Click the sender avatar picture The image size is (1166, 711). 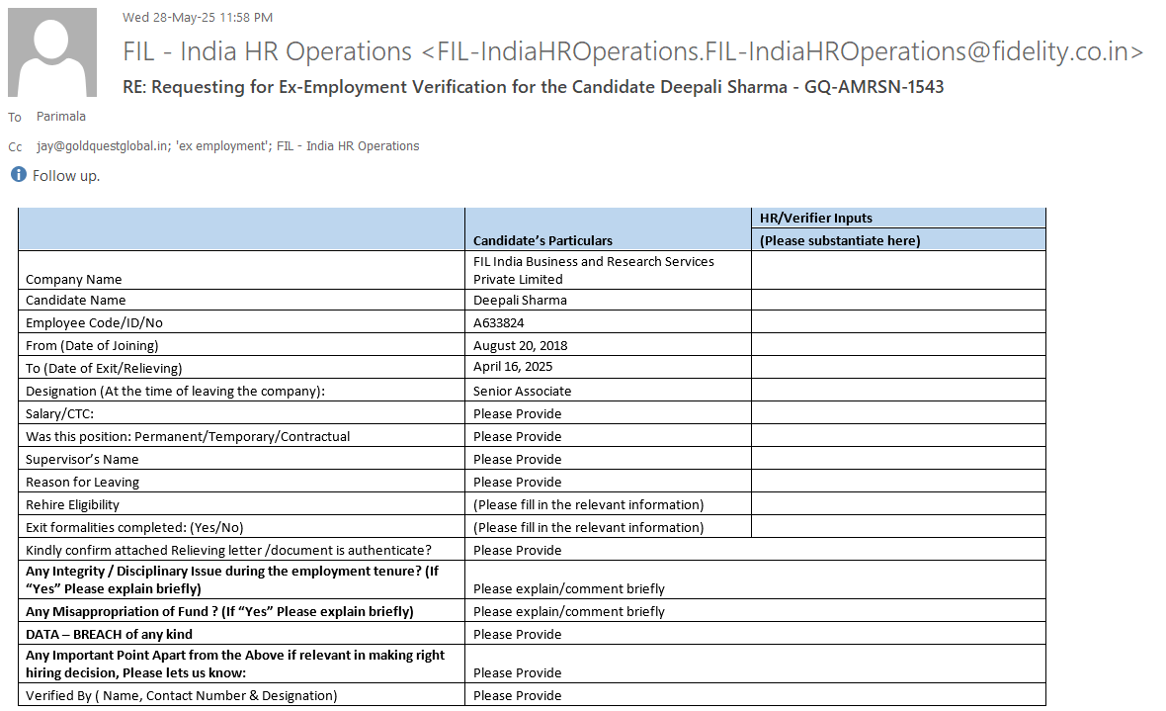[52, 52]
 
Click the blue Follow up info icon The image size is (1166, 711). [18, 175]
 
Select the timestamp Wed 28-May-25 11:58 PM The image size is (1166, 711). [198, 17]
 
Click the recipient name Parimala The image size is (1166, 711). [61, 117]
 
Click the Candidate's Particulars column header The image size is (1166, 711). [542, 240]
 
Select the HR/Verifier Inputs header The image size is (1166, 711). [816, 218]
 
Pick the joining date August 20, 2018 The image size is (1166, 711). [521, 345]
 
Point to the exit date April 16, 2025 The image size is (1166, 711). [513, 367]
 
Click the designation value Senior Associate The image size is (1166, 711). [522, 391]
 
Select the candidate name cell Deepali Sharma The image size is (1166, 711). [520, 300]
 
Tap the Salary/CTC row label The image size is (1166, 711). [60, 413]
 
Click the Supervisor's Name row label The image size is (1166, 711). [82, 459]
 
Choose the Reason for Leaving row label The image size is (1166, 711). [82, 482]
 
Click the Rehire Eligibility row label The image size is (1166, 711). [74, 504]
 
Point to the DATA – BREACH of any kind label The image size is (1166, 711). [109, 634]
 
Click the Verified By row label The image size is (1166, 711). [181, 695]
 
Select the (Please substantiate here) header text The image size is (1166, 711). [840, 240]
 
